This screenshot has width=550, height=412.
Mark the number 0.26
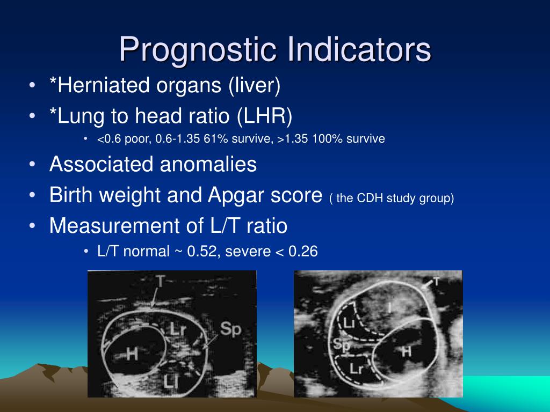point(303,251)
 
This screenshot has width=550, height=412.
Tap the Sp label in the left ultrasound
point(231,329)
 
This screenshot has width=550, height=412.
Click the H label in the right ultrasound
point(407,351)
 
